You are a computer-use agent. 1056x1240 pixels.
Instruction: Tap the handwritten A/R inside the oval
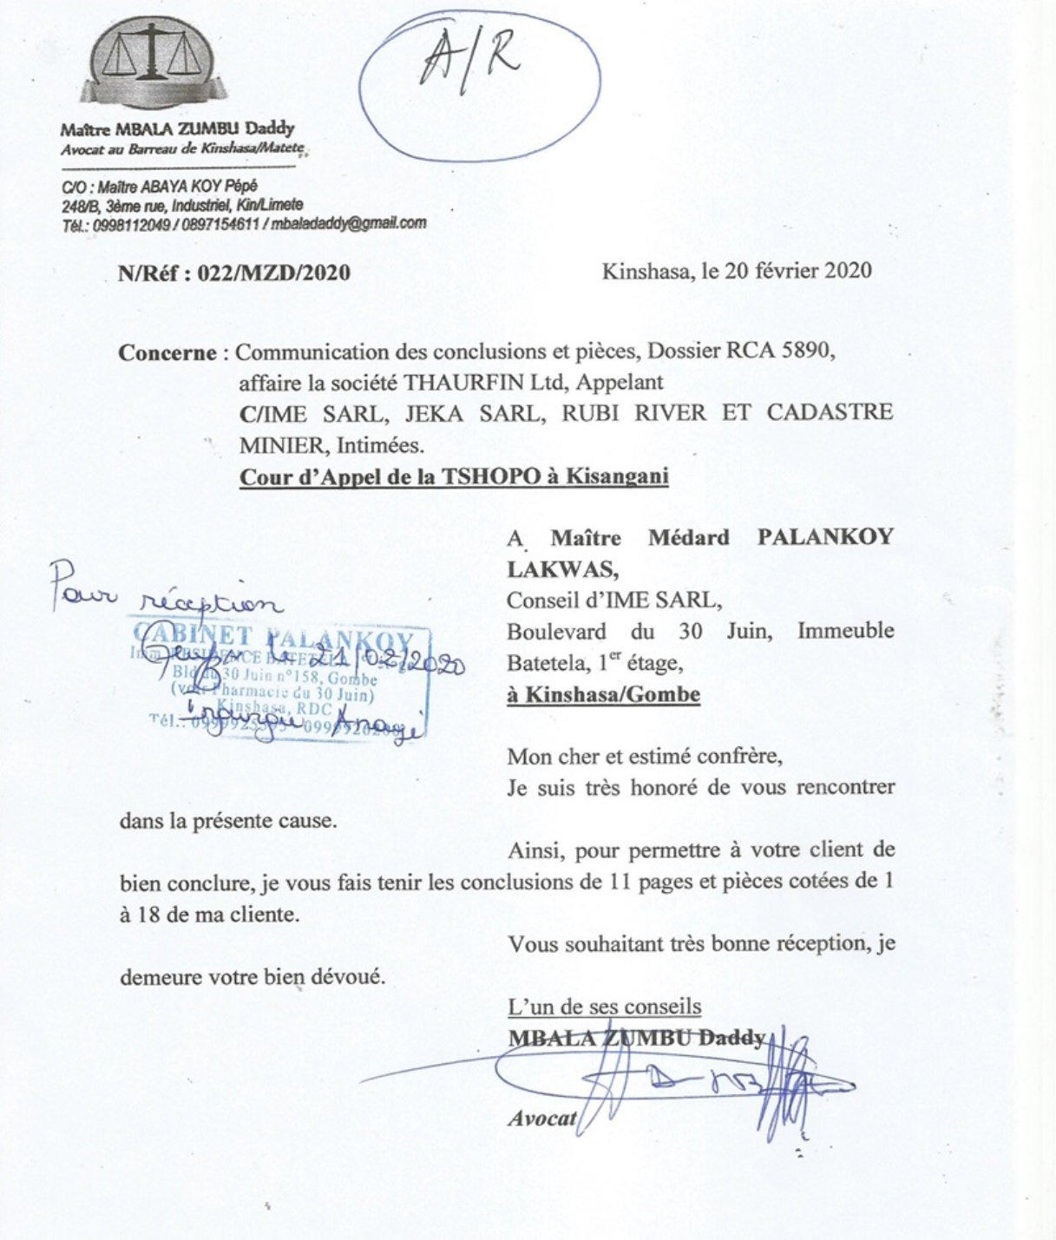pyautogui.click(x=470, y=62)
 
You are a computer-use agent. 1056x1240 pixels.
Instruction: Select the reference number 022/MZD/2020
pyautogui.click(x=274, y=273)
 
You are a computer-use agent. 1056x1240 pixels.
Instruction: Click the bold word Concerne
pyautogui.click(x=167, y=353)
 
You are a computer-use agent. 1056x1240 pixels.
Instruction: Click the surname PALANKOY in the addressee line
pyautogui.click(x=825, y=537)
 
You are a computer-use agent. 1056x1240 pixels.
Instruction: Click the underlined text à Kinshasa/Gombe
pyautogui.click(x=603, y=695)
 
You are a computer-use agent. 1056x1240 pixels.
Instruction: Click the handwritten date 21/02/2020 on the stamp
pyautogui.click(x=413, y=664)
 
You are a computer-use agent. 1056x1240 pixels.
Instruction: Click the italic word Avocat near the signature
pyautogui.click(x=541, y=1119)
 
